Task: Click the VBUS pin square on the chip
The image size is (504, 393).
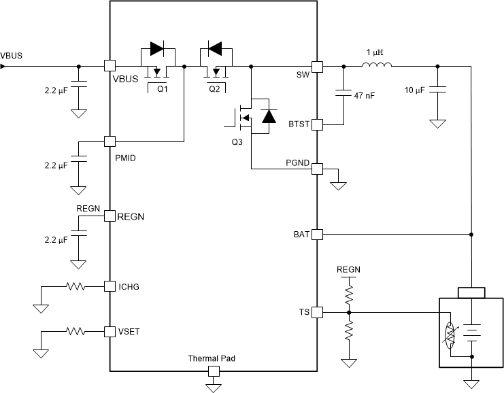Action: pos(108,66)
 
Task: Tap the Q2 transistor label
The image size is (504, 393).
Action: pos(214,88)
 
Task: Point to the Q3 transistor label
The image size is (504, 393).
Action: pos(236,143)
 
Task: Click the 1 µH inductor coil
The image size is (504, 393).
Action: pos(376,66)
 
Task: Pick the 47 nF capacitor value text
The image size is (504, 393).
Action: pos(365,96)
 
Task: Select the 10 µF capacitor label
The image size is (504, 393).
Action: pos(416,90)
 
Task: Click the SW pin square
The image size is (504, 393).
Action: pos(317,66)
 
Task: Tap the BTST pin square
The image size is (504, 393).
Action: pos(317,125)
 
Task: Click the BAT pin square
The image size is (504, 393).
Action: pos(317,234)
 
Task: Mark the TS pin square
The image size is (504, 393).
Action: pos(317,312)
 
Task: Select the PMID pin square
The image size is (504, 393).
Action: pos(108,141)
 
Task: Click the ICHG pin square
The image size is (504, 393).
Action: pos(108,286)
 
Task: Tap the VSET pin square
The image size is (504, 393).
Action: pos(108,332)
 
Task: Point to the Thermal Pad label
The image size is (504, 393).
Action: pos(213,358)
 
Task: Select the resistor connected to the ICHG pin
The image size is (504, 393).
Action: pos(75,286)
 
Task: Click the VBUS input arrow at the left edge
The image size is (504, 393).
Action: pos(3,66)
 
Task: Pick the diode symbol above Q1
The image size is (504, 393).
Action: pos(157,48)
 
